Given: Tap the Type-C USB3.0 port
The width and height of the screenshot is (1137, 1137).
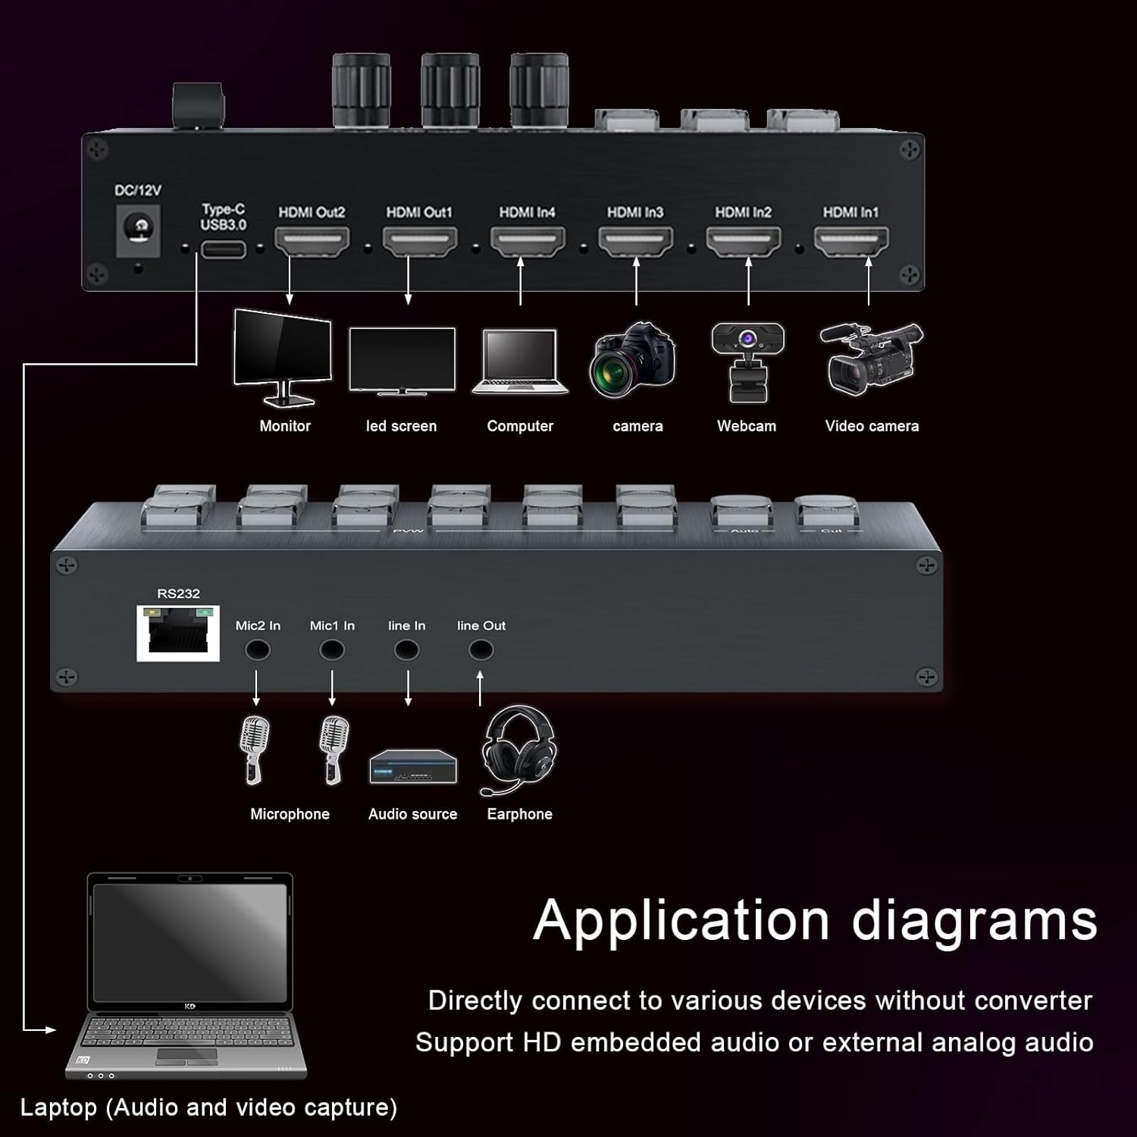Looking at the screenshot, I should tap(223, 249).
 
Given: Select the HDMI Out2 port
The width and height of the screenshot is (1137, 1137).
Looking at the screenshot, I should tap(312, 242).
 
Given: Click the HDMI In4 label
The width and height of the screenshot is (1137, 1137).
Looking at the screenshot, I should tap(527, 212).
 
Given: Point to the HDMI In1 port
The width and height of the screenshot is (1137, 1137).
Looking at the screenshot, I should tap(850, 242).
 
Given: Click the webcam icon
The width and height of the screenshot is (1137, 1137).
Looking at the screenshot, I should tap(747, 362).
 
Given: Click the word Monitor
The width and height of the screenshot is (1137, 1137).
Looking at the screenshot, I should tap(285, 426).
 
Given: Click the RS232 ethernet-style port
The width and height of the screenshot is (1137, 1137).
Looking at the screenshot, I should tap(178, 634).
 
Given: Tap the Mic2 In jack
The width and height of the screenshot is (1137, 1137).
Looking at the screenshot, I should tap(258, 650).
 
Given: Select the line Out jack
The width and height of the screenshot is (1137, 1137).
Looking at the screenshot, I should tap(481, 650).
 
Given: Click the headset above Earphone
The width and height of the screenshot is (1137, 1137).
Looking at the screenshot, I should tap(518, 750).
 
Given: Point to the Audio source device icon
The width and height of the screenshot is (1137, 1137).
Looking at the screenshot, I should tap(413, 766).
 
